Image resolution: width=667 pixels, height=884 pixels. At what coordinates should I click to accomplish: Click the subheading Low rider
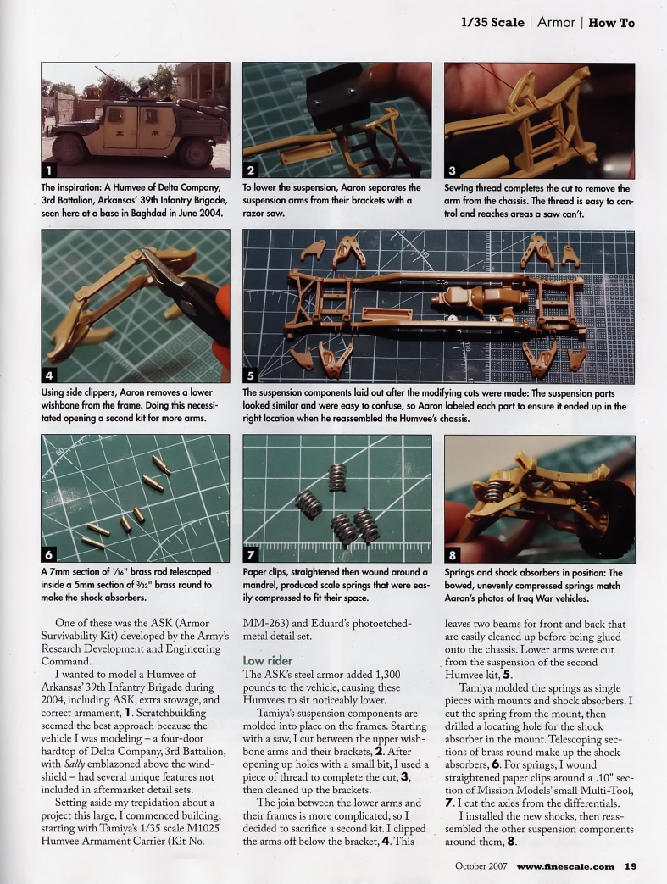[x=268, y=659]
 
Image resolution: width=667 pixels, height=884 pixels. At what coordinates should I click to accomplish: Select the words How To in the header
[x=611, y=23]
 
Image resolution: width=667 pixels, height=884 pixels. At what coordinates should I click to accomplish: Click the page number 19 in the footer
[x=631, y=866]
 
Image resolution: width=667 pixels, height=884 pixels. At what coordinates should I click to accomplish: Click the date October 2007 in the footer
[x=476, y=866]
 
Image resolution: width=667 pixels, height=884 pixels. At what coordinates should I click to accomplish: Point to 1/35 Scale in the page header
[x=492, y=23]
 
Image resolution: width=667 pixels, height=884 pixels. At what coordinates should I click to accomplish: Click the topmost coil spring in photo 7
[x=337, y=477]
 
